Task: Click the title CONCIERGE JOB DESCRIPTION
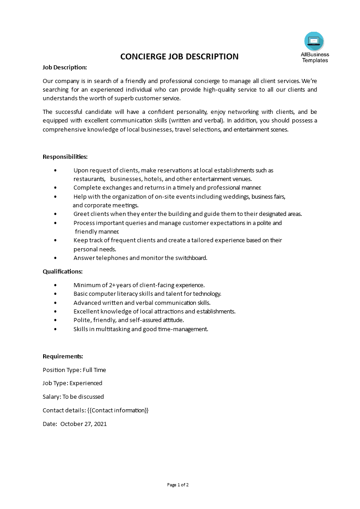179,57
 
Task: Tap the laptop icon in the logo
314,41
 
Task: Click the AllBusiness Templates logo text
315,57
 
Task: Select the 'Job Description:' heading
65,67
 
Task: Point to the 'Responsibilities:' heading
65,157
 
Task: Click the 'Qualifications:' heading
63,271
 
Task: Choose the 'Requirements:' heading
63,356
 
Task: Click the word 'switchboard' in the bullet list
191,258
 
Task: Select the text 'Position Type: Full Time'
74,370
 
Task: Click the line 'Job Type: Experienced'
73,383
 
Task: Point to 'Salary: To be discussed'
73,396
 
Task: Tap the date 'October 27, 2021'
84,424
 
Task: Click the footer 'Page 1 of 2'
178,485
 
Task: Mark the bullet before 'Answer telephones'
55,258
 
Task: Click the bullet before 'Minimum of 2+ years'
55,285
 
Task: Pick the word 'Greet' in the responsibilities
81,214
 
